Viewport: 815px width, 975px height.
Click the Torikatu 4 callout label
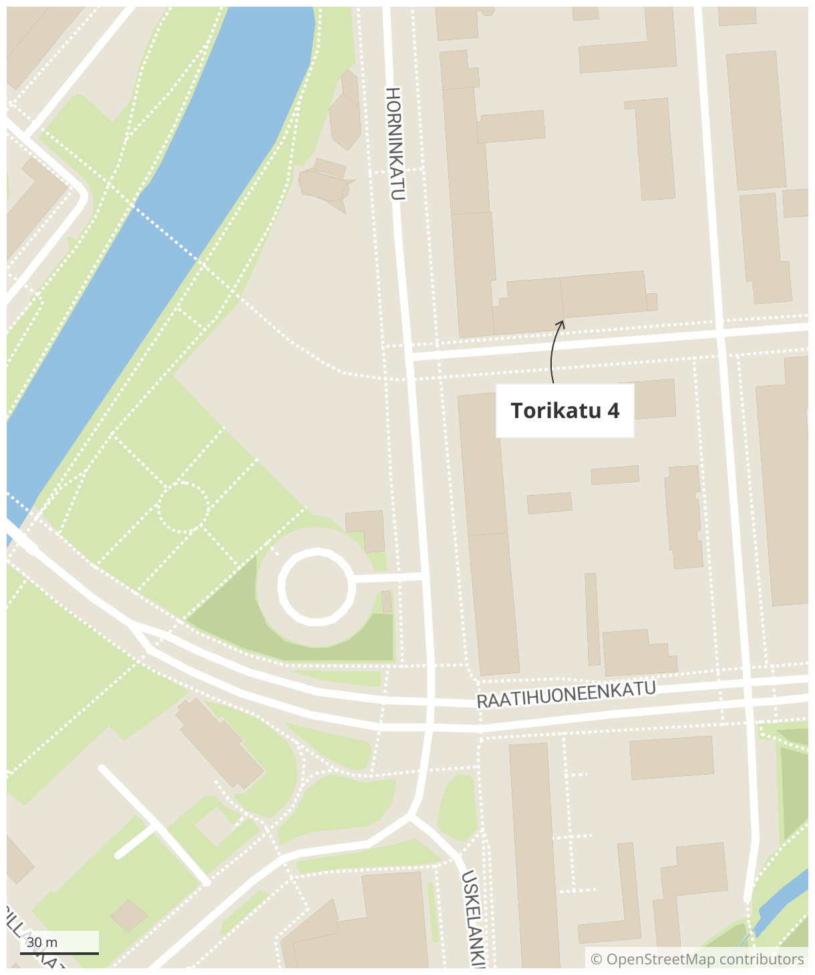tap(564, 411)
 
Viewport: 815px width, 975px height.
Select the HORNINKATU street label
tap(395, 144)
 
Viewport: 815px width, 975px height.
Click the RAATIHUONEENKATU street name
tap(566, 695)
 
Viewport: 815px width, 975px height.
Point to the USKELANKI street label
tap(474, 918)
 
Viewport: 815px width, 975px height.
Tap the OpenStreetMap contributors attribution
tap(697, 960)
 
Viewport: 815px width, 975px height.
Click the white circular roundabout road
tap(316, 586)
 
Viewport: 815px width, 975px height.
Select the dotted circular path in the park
tap(183, 508)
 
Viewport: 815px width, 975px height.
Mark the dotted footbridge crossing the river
tap(167, 234)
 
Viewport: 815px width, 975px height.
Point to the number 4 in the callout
tap(613, 411)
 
